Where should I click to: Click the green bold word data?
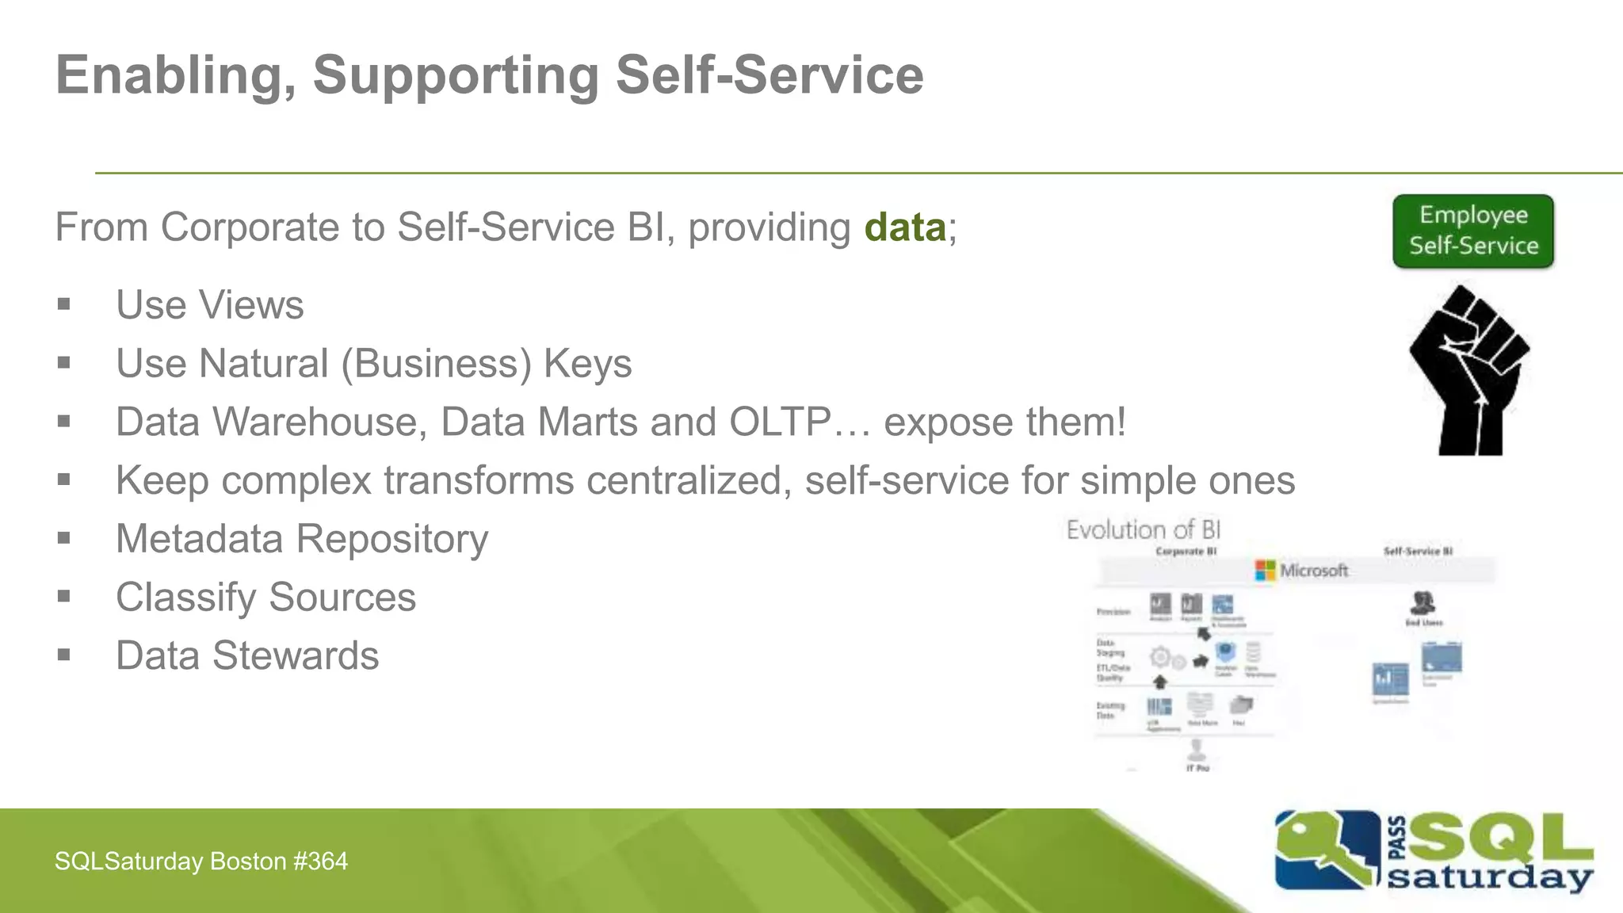tap(904, 227)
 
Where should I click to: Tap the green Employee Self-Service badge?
tap(1473, 231)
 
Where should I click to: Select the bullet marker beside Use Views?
tap(64, 304)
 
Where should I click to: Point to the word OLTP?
tap(780, 422)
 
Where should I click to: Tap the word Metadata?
tap(199, 539)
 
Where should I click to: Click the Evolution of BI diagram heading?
tap(1143, 529)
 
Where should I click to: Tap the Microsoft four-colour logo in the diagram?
tap(1265, 570)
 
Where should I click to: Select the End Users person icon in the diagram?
tap(1423, 602)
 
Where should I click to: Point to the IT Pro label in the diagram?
tap(1197, 768)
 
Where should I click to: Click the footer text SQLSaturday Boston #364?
tap(201, 861)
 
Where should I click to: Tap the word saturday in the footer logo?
tap(1490, 878)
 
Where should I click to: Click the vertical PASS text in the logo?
tap(1398, 839)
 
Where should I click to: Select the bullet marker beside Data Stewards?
tap(64, 655)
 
